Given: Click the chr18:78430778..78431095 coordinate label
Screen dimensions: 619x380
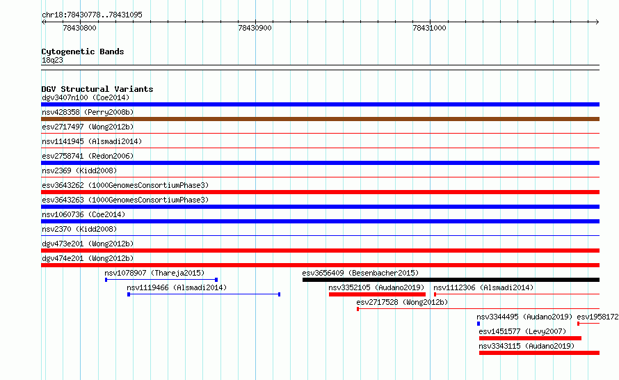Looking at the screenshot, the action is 92,15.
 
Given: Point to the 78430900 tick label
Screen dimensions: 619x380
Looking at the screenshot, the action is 255,28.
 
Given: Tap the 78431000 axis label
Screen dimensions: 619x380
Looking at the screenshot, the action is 429,28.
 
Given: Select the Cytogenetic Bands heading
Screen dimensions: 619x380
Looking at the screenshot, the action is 83,52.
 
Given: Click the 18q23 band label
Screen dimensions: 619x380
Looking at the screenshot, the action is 52,60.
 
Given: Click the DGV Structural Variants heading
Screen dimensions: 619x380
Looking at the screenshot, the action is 97,89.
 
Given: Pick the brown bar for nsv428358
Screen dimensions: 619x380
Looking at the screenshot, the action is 320,119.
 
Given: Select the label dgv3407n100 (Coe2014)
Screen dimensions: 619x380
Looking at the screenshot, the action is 86,97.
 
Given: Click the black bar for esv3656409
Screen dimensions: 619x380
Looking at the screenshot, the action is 451,280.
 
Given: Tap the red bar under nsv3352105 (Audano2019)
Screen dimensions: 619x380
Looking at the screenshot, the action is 377,294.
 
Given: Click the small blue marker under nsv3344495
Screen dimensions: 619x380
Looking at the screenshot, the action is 479,324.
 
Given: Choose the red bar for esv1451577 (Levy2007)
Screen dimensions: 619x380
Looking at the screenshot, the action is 530,338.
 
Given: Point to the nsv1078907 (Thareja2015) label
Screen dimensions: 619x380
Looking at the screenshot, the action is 154,273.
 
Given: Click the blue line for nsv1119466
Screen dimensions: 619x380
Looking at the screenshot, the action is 204,294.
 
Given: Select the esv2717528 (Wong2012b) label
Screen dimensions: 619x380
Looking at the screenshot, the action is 402,302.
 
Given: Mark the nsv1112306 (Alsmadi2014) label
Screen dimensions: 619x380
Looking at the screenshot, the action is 483,287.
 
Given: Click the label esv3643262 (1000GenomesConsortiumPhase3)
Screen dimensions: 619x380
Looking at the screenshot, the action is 125,185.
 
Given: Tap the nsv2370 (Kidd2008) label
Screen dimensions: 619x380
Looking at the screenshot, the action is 79,229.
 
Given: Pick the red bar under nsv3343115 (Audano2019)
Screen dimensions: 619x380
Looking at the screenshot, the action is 539,353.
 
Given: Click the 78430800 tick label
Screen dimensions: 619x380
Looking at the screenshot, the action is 79,28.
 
